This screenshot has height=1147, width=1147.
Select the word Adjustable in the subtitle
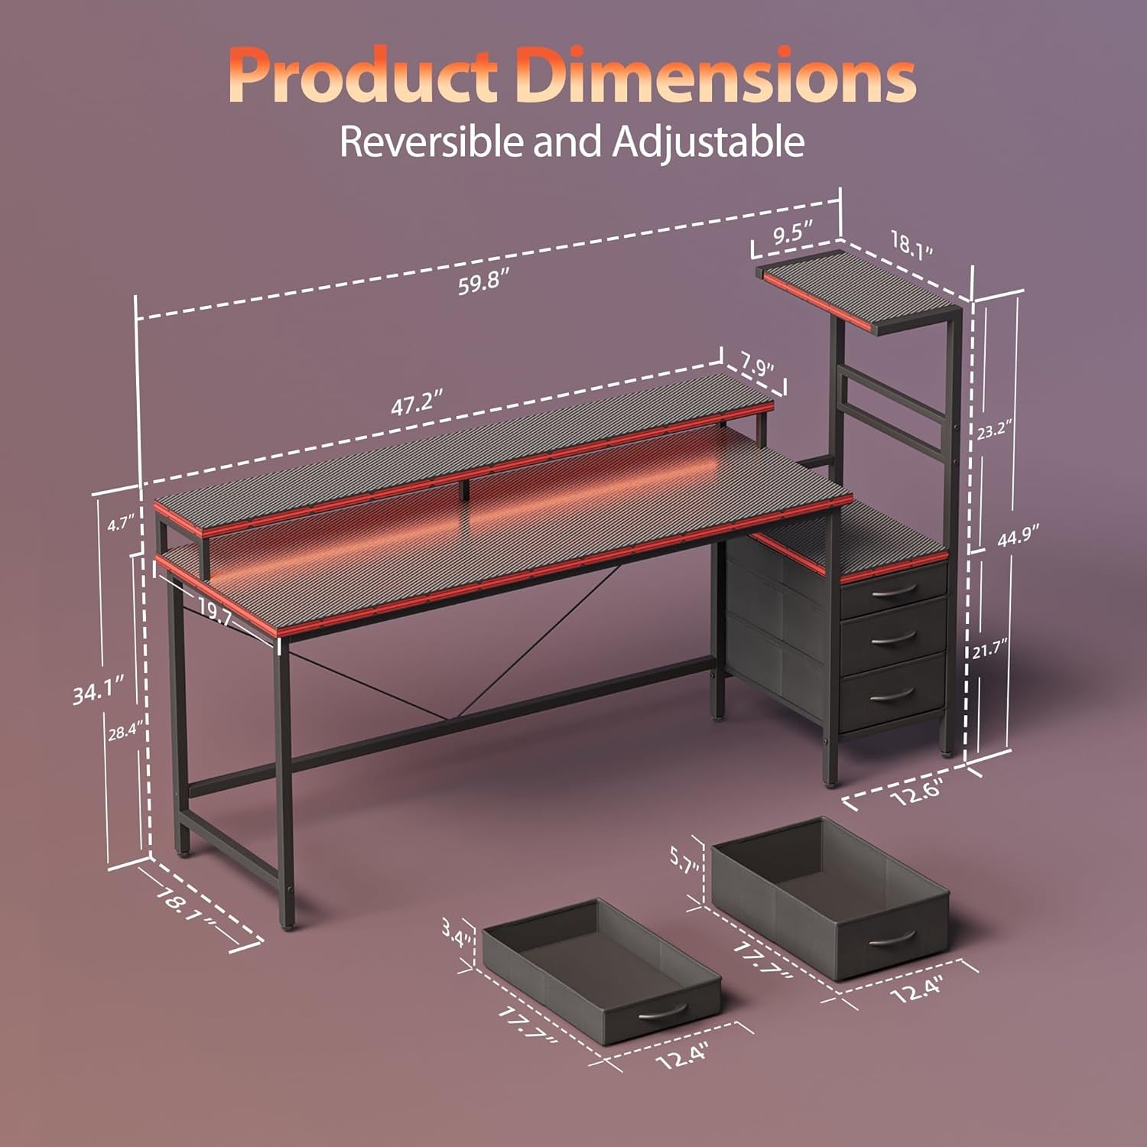(707, 143)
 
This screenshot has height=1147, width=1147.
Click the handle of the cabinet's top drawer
(893, 590)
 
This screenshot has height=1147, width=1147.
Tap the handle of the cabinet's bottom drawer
(892, 693)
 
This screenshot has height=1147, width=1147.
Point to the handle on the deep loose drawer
(892, 938)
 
